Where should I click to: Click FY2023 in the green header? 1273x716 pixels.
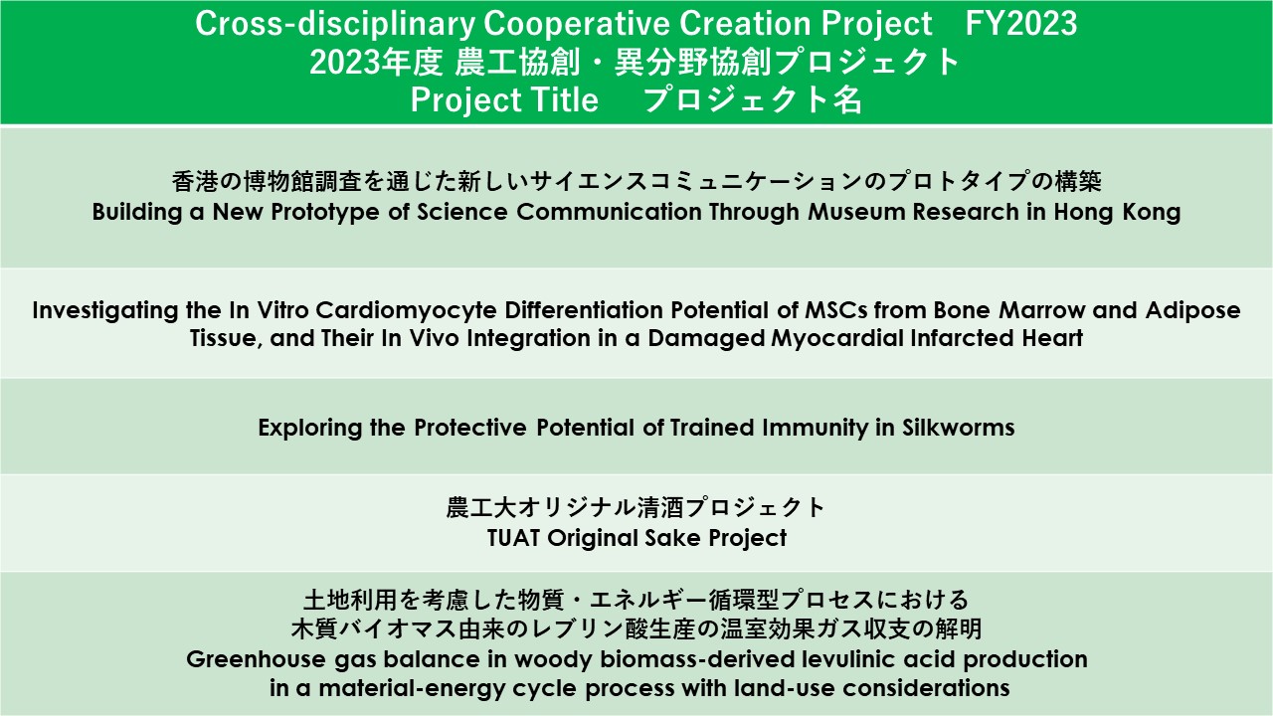[x=1020, y=24]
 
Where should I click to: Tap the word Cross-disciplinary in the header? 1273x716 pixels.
[x=335, y=25]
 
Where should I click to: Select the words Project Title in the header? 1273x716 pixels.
[x=504, y=100]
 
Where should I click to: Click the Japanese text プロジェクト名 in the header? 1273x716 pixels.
[x=752, y=99]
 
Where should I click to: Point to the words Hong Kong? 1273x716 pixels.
[x=1117, y=213]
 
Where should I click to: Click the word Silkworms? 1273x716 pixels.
[x=958, y=428]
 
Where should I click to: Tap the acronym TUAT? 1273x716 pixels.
[x=513, y=538]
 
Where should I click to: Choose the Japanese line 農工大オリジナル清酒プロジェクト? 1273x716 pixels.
[x=636, y=507]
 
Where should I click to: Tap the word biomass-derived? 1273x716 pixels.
[x=696, y=659]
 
